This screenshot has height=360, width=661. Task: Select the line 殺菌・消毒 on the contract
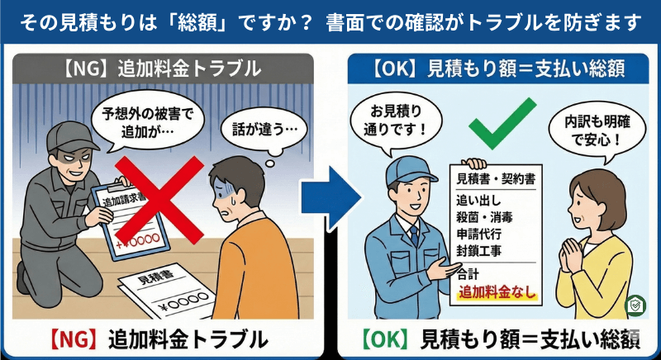tap(484, 216)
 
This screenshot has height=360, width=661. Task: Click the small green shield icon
tap(635, 304)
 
